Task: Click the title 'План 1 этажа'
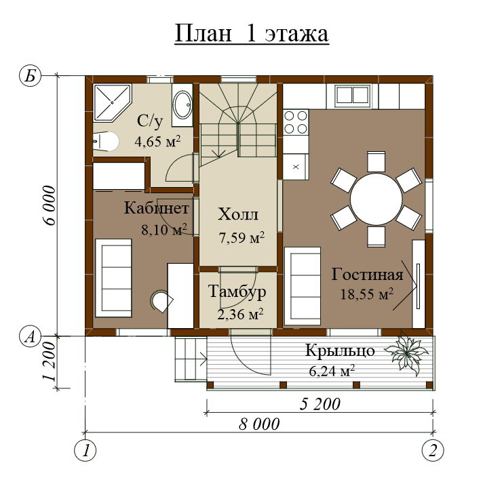click(252, 34)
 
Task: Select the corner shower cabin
click(112, 102)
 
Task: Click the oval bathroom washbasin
click(183, 104)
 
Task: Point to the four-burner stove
click(295, 122)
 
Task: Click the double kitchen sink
click(353, 95)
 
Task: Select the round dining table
click(376, 199)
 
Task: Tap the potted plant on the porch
click(406, 353)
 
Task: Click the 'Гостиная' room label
click(367, 275)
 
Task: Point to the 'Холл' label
click(238, 214)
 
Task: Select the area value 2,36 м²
click(240, 315)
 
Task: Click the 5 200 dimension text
click(320, 404)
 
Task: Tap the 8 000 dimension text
click(259, 424)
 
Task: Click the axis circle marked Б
click(30, 75)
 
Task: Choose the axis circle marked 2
click(433, 451)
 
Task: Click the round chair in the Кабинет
click(161, 301)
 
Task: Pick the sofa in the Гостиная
click(303, 286)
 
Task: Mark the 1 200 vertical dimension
click(50, 362)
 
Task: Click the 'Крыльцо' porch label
click(340, 351)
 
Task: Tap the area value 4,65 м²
click(157, 142)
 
